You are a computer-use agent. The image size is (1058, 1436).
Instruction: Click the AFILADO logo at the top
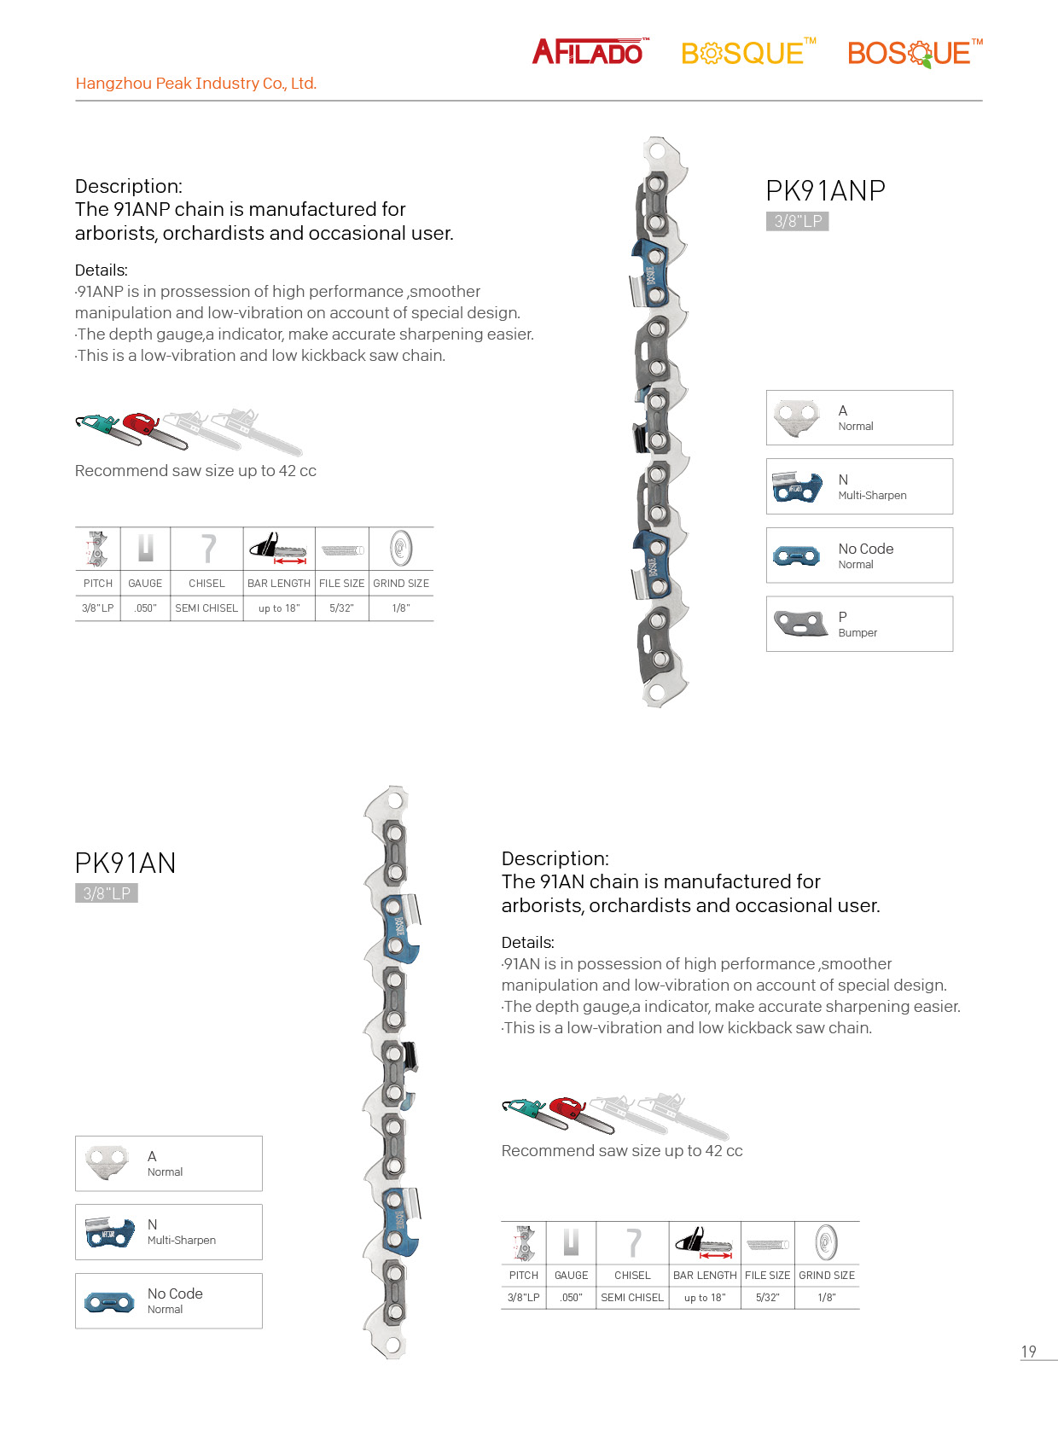click(x=589, y=52)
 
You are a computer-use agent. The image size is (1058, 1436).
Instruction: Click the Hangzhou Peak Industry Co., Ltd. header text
click(x=195, y=84)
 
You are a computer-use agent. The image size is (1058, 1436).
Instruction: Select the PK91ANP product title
click(x=825, y=190)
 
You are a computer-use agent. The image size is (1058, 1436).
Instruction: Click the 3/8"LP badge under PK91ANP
click(x=798, y=222)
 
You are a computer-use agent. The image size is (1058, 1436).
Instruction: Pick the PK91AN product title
click(x=125, y=863)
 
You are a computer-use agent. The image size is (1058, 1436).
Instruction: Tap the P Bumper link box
click(x=859, y=624)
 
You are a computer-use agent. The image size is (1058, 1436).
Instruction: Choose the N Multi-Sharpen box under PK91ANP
click(x=859, y=486)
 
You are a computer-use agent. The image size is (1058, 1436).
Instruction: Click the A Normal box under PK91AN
click(x=168, y=1163)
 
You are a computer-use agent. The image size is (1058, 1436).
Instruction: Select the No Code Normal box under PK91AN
click(x=168, y=1300)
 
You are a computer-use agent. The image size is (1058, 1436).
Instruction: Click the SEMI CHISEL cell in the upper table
click(x=206, y=608)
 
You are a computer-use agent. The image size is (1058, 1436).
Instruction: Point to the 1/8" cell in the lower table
click(x=827, y=1298)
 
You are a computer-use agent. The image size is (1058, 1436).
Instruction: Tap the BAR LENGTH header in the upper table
click(x=279, y=584)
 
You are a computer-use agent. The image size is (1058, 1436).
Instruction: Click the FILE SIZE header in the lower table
click(x=767, y=1276)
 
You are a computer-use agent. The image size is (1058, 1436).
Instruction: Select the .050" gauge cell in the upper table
click(x=145, y=608)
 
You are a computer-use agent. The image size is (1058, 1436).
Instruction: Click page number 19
click(x=1029, y=1352)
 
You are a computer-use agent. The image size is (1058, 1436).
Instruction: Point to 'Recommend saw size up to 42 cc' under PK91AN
click(x=622, y=1151)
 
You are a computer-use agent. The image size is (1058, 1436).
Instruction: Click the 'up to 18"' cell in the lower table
click(x=705, y=1298)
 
